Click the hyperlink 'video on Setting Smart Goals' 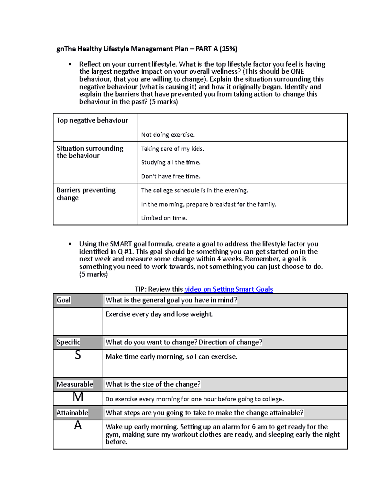tap(228, 289)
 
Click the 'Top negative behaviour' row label tap(92, 121)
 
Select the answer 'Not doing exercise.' tap(168, 135)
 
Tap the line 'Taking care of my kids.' tap(173, 149)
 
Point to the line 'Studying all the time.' tap(171, 163)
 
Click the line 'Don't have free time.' tap(171, 176)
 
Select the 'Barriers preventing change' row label tap(86, 194)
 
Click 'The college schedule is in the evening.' tap(194, 190)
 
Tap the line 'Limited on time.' tap(164, 218)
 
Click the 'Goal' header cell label tap(64, 300)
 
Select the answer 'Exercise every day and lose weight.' tap(159, 314)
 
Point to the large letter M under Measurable tap(78, 397)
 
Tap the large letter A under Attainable tap(78, 426)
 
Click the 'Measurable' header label tap(75, 384)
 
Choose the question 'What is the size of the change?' tap(153, 384)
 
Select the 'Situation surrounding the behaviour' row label tap(90, 152)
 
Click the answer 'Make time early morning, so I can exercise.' tap(171, 357)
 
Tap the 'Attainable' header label tap(72, 413)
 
